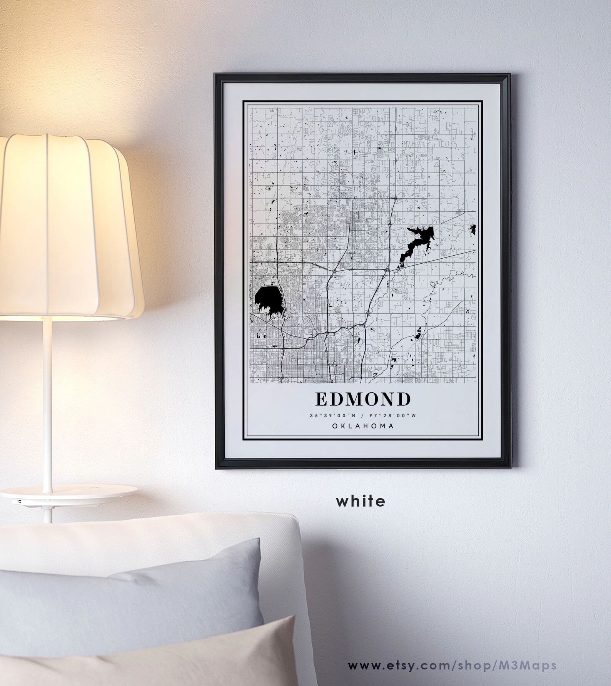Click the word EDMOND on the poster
[x=363, y=399]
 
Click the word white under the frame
[x=361, y=501]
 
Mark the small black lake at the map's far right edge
[x=473, y=229]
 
